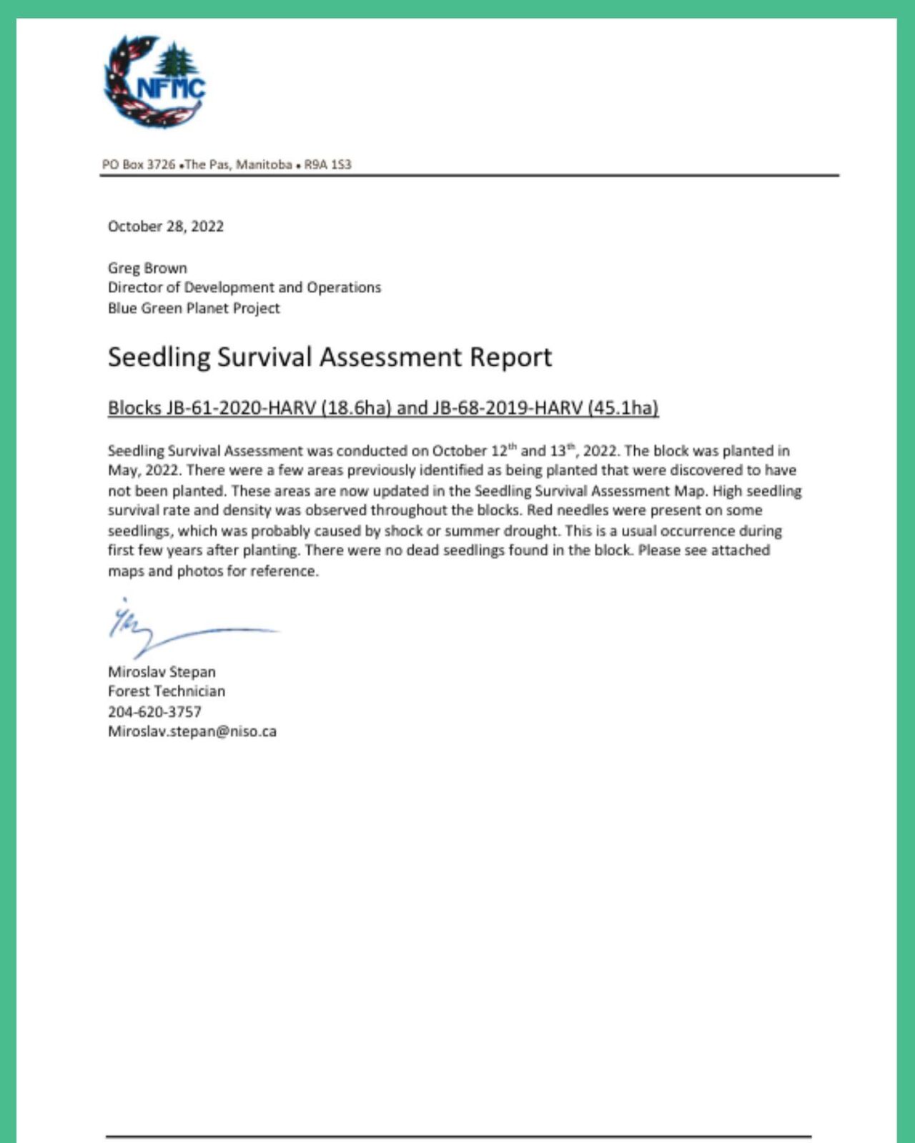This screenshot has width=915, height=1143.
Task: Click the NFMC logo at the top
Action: pos(154,82)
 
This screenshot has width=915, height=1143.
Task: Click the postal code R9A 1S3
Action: pos(327,165)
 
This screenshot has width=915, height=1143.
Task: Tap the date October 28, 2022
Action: pos(166,227)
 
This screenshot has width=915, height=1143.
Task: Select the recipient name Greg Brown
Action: pos(147,268)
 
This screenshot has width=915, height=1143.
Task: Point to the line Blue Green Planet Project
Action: pos(194,308)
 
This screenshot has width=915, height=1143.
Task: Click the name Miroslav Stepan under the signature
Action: pos(162,672)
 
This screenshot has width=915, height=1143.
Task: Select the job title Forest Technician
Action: pos(167,691)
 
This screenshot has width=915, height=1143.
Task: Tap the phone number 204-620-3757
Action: pos(154,712)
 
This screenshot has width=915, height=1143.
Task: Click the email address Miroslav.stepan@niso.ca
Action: pos(192,731)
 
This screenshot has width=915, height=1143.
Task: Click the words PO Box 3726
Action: pos(139,165)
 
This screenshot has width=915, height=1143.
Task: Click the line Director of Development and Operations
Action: pos(244,287)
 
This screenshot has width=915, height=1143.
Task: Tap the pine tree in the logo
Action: pos(177,61)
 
